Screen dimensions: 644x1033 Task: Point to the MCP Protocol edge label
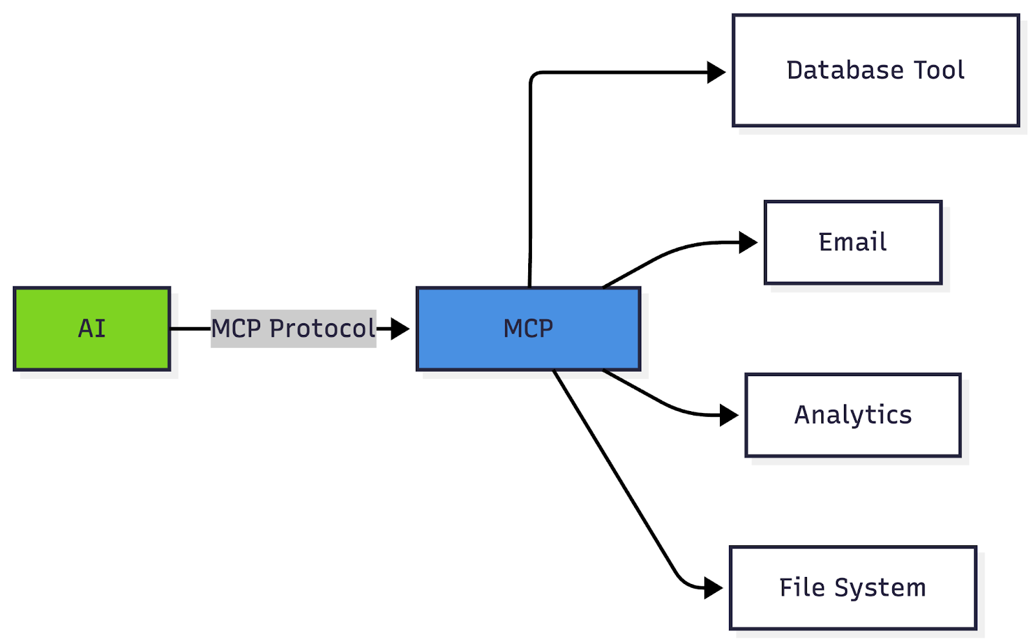pyautogui.click(x=293, y=328)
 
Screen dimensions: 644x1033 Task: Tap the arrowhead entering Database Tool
pyautogui.click(x=716, y=72)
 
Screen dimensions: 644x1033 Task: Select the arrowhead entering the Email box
pyautogui.click(x=748, y=242)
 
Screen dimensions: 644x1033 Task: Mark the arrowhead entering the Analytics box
pyautogui.click(x=729, y=415)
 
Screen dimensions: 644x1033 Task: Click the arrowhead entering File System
pyautogui.click(x=713, y=588)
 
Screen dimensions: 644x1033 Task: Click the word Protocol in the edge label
pyautogui.click(x=322, y=328)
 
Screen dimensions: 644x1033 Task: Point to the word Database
pyautogui.click(x=845, y=70)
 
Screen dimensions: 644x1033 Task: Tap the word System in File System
pyautogui.click(x=880, y=588)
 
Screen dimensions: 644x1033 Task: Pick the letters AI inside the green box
pyautogui.click(x=92, y=329)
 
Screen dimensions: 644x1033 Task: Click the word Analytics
pyautogui.click(x=853, y=415)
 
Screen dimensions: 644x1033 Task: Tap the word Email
pyautogui.click(x=853, y=242)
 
